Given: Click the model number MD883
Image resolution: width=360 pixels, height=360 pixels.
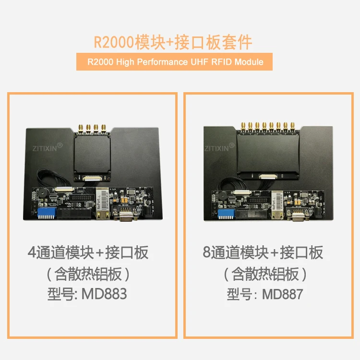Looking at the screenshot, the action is coord(104,294).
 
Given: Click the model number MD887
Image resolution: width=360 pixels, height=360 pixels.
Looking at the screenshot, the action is coord(282,294).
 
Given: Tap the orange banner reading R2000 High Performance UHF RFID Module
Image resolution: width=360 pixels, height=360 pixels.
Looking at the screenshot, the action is coord(175,62).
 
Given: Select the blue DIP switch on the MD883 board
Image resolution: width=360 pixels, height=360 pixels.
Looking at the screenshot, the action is coord(47,213).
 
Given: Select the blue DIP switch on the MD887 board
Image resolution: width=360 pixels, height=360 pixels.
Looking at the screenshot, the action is coord(226,214).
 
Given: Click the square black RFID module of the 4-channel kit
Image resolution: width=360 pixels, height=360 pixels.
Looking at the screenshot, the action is coord(92,154).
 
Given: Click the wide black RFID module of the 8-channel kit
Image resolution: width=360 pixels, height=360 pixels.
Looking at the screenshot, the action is coord(268,153).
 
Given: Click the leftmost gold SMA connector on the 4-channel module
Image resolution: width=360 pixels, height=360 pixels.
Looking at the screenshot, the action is coord(81,129).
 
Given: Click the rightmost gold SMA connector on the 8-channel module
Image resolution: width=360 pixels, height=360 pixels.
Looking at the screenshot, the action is coord(292,127).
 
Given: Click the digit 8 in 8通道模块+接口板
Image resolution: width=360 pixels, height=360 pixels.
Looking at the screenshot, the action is coord(206,252).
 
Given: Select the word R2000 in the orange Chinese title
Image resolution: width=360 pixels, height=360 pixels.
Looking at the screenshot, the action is coord(114,42).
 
